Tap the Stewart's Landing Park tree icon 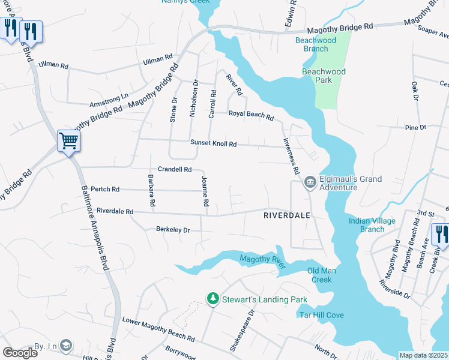point(212,298)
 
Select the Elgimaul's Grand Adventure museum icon point(310,182)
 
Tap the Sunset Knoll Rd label point(214,144)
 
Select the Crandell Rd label point(174,170)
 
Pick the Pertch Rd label point(104,189)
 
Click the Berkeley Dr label point(173,230)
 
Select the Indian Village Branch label point(372,225)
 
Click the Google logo point(20,353)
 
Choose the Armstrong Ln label point(109,96)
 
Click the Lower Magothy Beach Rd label point(158,329)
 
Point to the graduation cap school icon point(65,345)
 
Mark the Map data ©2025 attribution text point(423,355)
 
